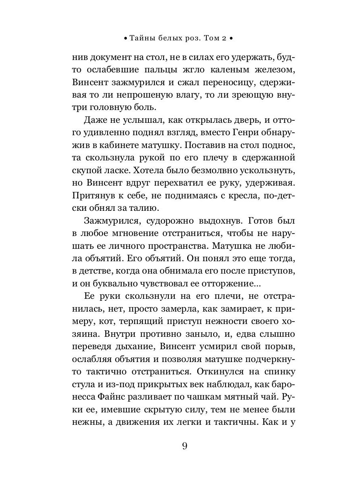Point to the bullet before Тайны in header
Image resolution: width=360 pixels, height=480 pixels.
[x=125, y=39]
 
